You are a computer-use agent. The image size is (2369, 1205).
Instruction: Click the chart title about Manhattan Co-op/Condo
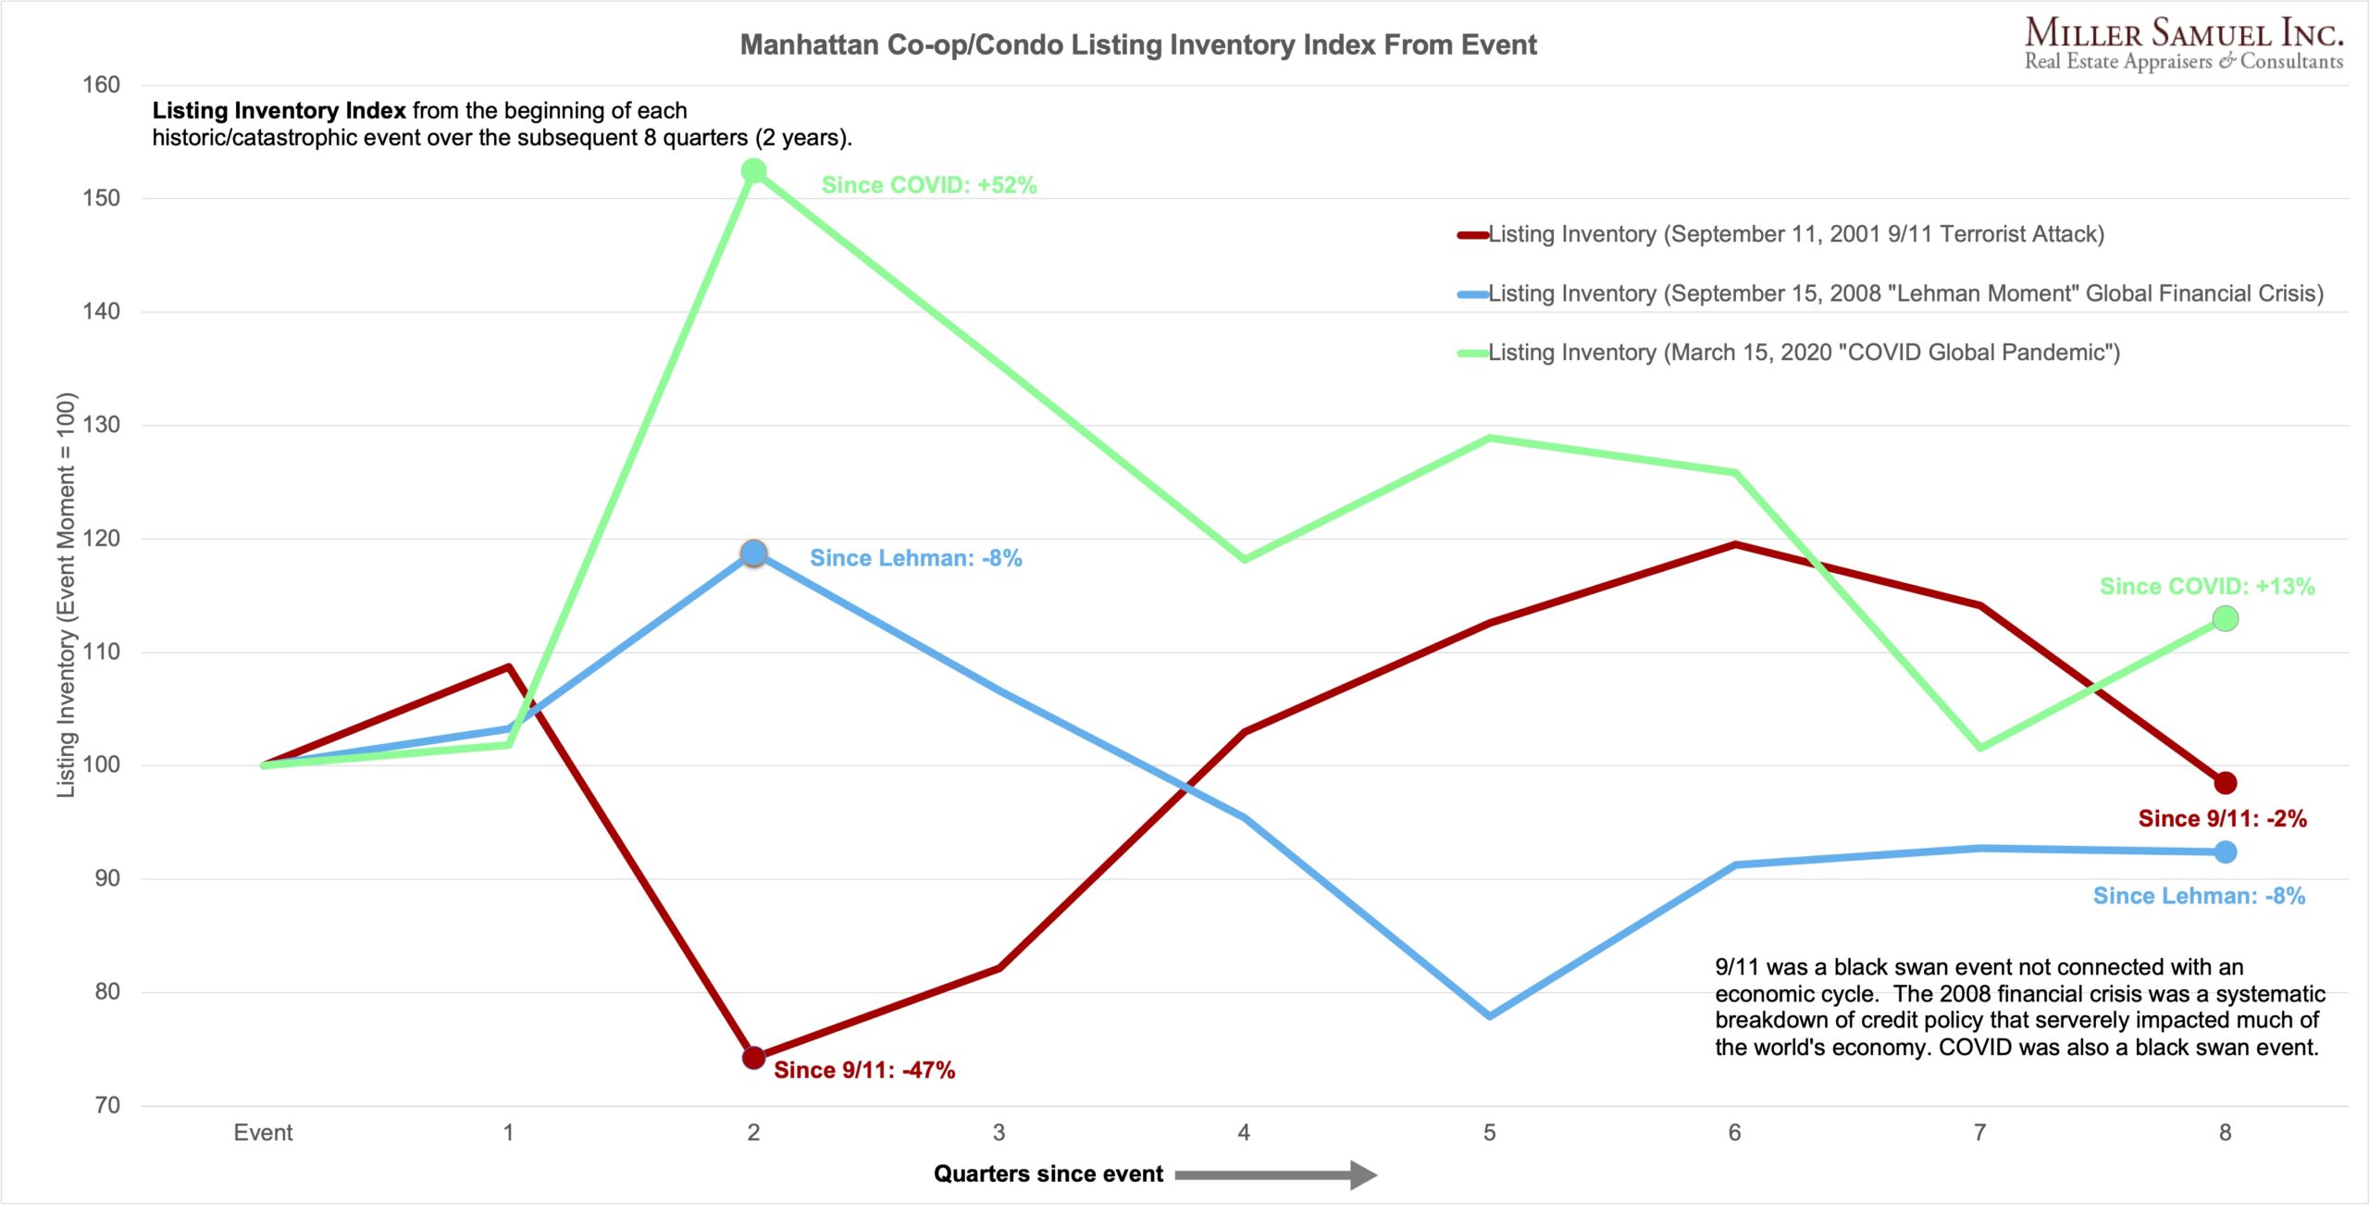[x=1137, y=44]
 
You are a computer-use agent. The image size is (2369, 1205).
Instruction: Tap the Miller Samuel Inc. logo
[x=2183, y=43]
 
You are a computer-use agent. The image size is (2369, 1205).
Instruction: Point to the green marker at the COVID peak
[x=754, y=171]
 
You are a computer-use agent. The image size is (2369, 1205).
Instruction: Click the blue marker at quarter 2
[x=754, y=553]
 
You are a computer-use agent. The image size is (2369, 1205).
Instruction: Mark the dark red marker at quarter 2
[x=754, y=1057]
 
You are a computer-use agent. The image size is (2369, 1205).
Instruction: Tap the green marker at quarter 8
[x=2226, y=618]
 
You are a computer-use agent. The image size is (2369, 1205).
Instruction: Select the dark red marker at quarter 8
[x=2226, y=783]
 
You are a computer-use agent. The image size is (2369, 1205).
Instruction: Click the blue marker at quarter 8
[x=2226, y=852]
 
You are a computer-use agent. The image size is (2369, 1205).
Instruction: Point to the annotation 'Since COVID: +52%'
[x=929, y=185]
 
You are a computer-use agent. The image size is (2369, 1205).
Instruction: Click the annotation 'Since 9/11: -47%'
[x=864, y=1070]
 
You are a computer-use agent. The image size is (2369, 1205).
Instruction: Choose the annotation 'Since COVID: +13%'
[x=2207, y=586]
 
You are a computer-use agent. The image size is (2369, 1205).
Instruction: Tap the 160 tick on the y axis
[x=102, y=85]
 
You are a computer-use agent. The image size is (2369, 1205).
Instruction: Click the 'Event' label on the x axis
[x=263, y=1133]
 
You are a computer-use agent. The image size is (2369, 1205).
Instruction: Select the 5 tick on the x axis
[x=1489, y=1133]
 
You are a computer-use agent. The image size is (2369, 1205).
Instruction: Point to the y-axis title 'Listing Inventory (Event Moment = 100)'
[x=66, y=594]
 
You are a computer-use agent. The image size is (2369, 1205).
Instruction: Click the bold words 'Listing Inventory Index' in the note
[x=279, y=111]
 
